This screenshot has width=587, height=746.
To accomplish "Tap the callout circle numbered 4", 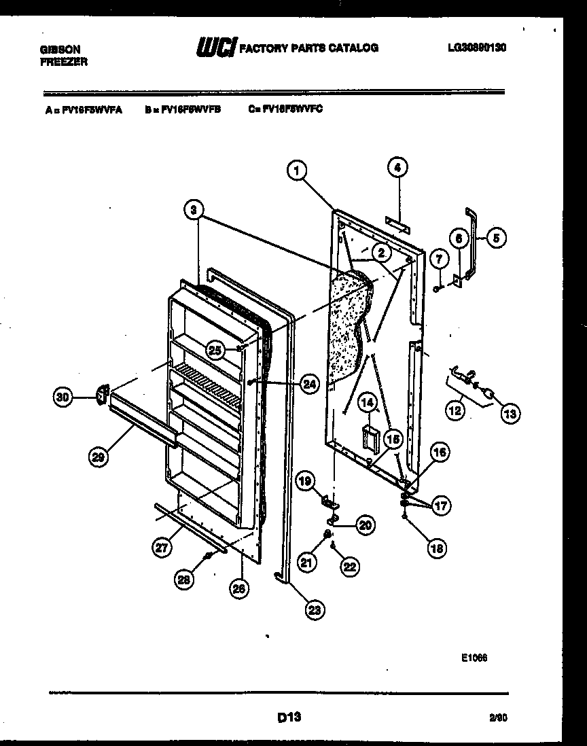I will [398, 167].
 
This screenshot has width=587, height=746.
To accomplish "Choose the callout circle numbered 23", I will [313, 609].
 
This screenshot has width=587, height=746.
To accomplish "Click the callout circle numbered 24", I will [309, 384].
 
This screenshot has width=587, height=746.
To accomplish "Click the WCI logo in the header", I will [216, 48].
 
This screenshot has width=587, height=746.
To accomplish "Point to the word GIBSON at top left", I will [60, 50].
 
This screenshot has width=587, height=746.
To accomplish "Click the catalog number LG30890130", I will [478, 48].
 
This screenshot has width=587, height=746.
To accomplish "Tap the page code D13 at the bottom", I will [289, 716].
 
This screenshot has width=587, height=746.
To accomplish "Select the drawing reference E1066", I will [474, 657].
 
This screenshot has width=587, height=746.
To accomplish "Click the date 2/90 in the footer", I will [498, 717].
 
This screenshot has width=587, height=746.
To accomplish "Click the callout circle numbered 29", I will [99, 458].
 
